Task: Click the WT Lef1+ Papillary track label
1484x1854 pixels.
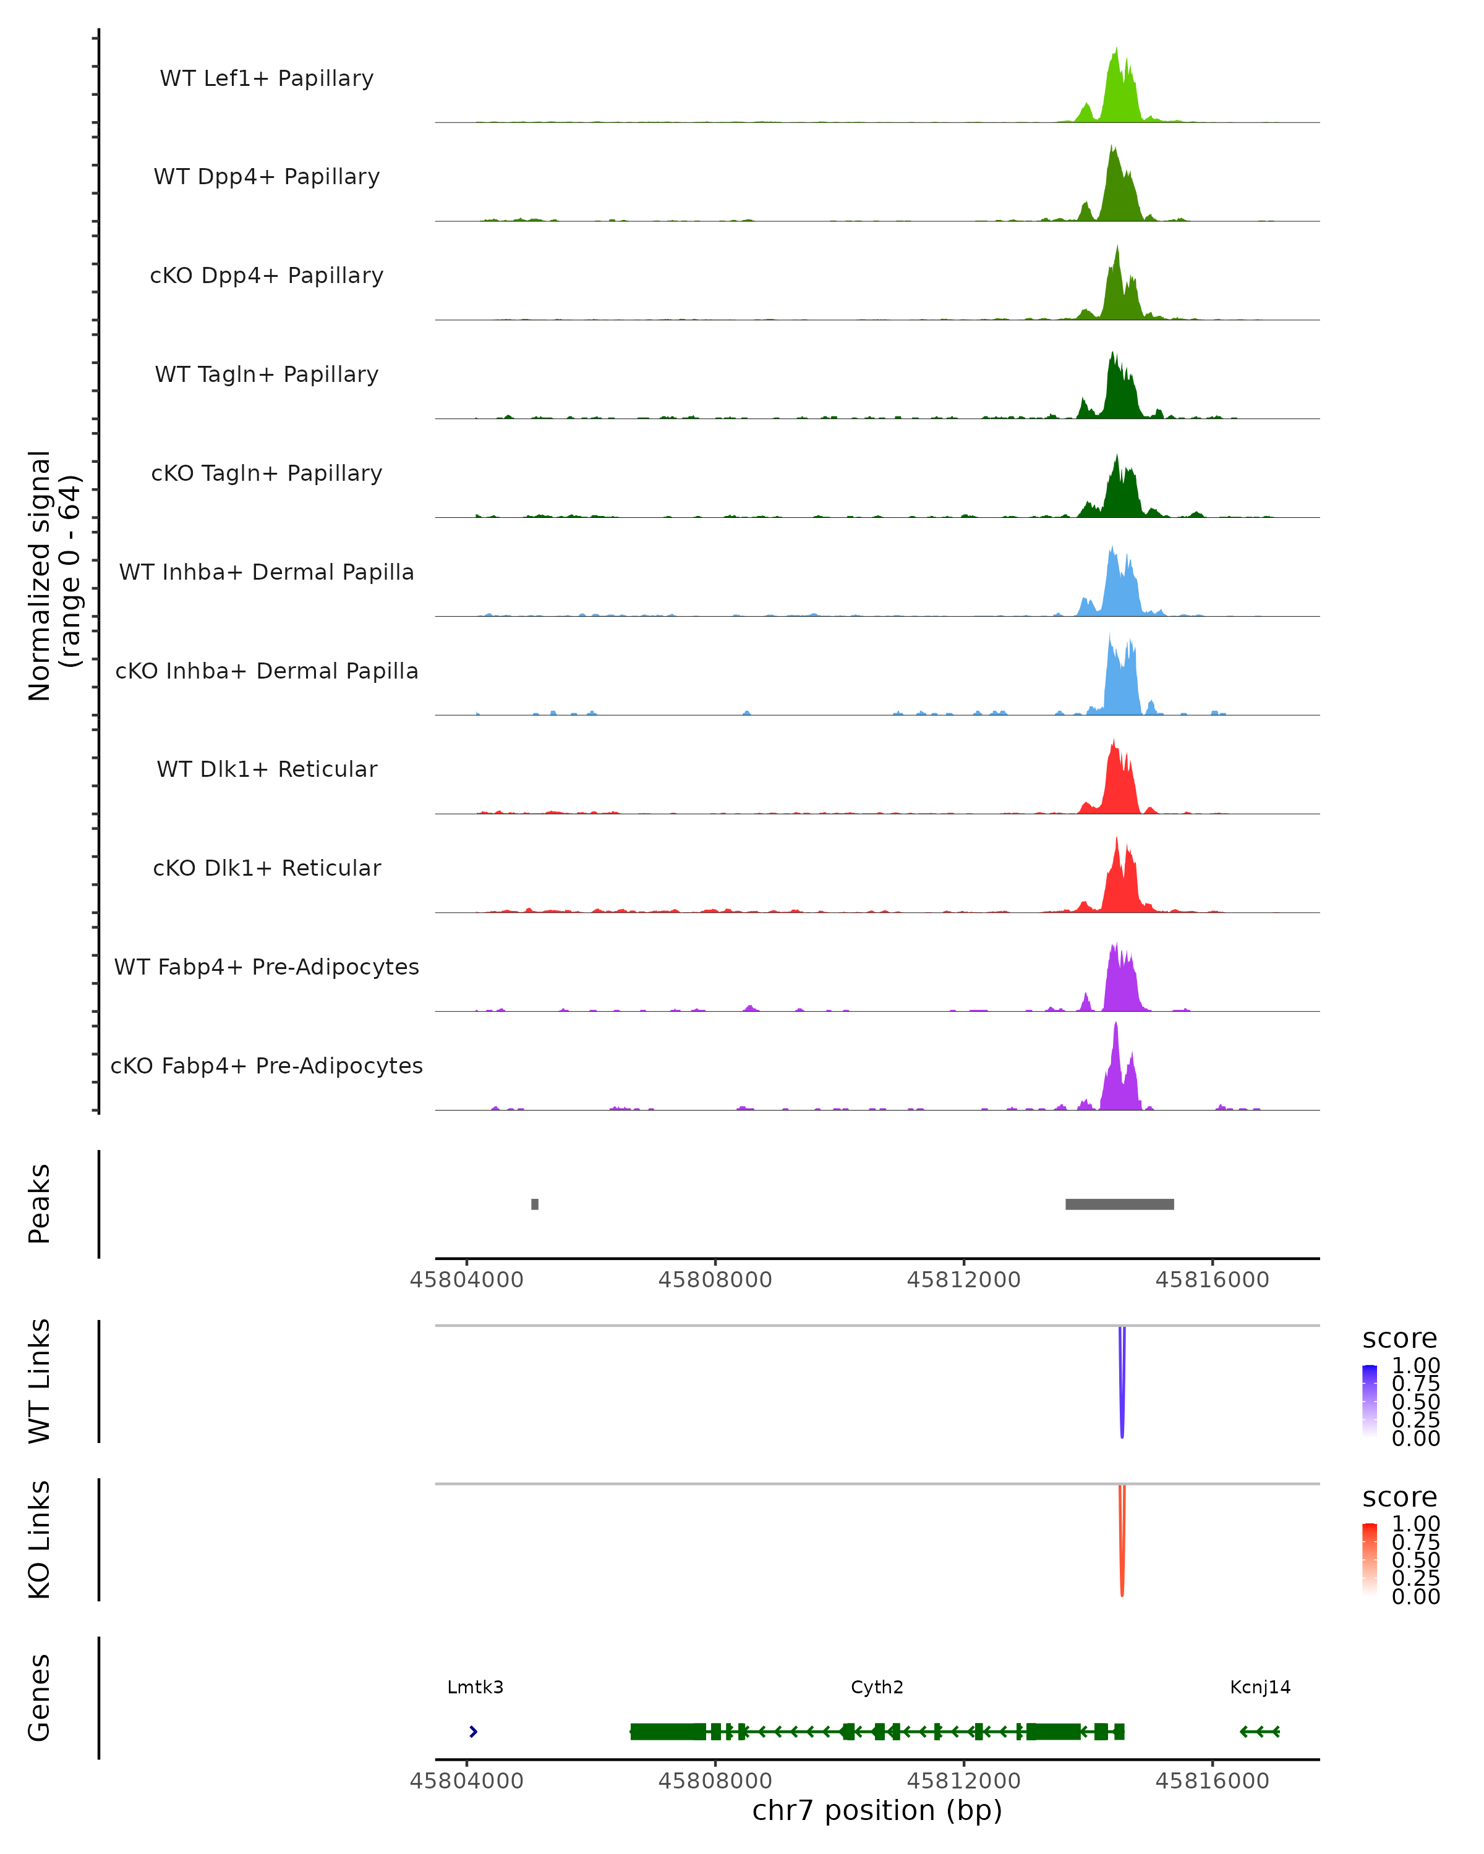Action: (267, 78)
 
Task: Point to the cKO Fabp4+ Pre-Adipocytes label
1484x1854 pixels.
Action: (267, 1065)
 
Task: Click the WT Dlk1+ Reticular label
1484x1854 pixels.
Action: (267, 769)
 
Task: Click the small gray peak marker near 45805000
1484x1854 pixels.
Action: (535, 1204)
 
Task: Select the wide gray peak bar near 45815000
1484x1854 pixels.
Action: (1119, 1204)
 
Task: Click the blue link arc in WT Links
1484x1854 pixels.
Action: (1122, 1384)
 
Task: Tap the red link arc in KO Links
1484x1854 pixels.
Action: (1122, 1544)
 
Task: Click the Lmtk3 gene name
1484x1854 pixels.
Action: (475, 1687)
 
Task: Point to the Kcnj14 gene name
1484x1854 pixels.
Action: (1260, 1687)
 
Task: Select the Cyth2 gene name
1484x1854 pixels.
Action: (877, 1687)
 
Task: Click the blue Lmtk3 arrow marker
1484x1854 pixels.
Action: (473, 1732)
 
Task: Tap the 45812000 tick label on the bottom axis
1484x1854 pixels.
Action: (963, 1781)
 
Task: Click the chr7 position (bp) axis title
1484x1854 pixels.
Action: (877, 1811)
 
